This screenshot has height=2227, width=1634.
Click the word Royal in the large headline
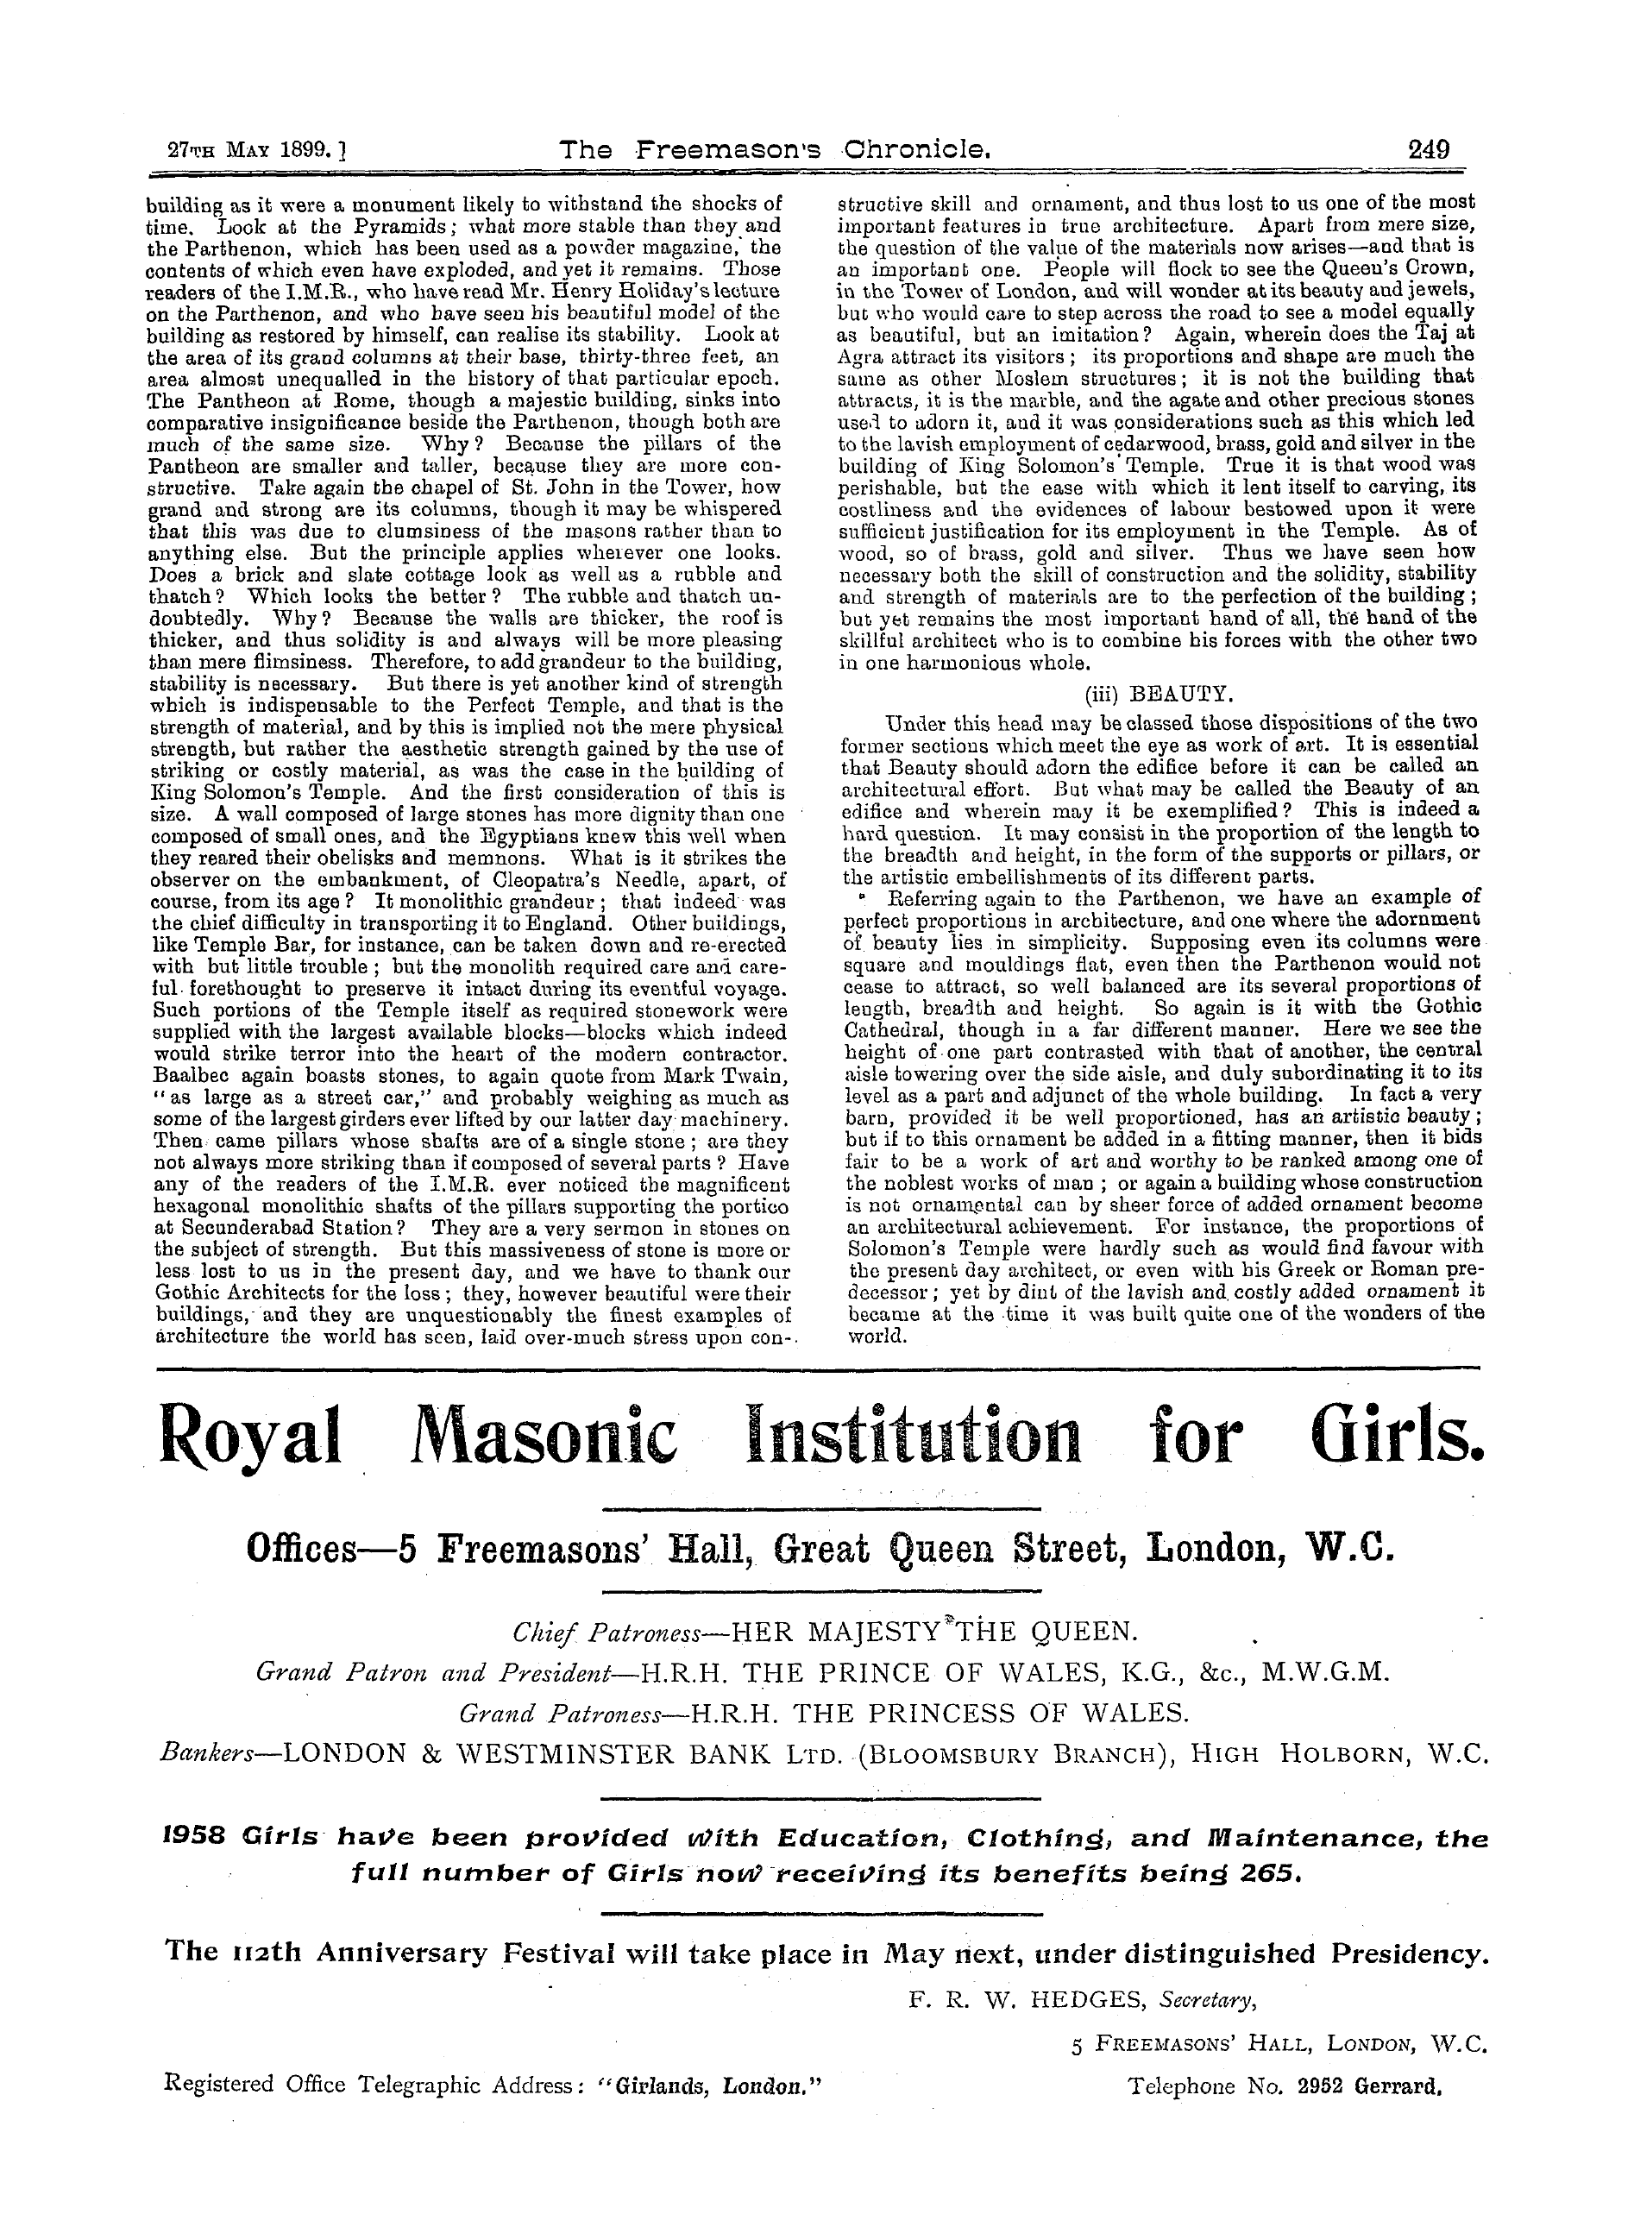[x=251, y=1437]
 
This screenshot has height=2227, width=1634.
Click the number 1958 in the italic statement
[x=195, y=1840]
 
